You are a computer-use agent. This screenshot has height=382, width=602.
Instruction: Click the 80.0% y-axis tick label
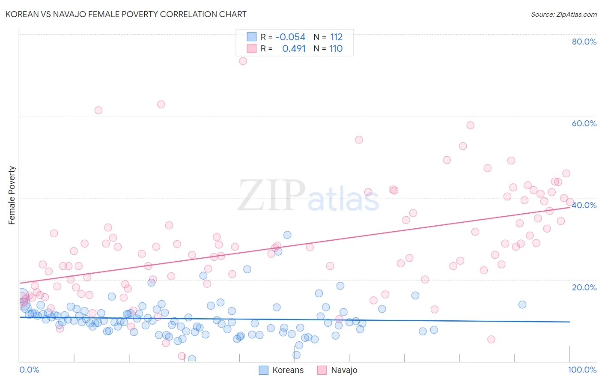click(x=584, y=42)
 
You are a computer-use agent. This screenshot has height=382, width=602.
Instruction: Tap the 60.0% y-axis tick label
click(x=584, y=123)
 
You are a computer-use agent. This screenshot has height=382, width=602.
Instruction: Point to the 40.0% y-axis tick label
click(x=584, y=205)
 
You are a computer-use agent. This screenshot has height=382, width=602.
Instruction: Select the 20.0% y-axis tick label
click(x=584, y=287)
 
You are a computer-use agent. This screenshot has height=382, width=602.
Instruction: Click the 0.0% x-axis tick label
click(x=29, y=370)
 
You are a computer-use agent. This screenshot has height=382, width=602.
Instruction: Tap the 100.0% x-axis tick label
click(x=582, y=370)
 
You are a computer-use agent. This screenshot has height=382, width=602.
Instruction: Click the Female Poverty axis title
click(x=12, y=195)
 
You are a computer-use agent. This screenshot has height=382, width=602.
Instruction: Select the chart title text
click(x=126, y=14)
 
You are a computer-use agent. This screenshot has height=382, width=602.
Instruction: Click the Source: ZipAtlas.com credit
click(x=563, y=14)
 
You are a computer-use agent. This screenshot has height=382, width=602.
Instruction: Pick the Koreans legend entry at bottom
click(x=281, y=370)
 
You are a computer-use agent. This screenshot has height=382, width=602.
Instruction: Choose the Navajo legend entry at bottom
click(x=337, y=370)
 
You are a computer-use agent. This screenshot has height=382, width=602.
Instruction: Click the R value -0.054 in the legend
click(x=290, y=37)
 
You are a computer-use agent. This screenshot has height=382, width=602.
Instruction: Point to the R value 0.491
click(x=294, y=48)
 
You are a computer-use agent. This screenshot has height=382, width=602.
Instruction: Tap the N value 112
click(x=336, y=37)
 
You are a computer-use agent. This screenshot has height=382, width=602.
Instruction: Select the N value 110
click(x=336, y=48)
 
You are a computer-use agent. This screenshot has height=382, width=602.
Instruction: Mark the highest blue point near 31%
click(x=287, y=235)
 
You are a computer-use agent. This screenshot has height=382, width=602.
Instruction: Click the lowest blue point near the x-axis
click(x=192, y=359)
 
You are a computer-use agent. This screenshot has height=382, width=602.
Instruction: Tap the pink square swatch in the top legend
click(x=251, y=48)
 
